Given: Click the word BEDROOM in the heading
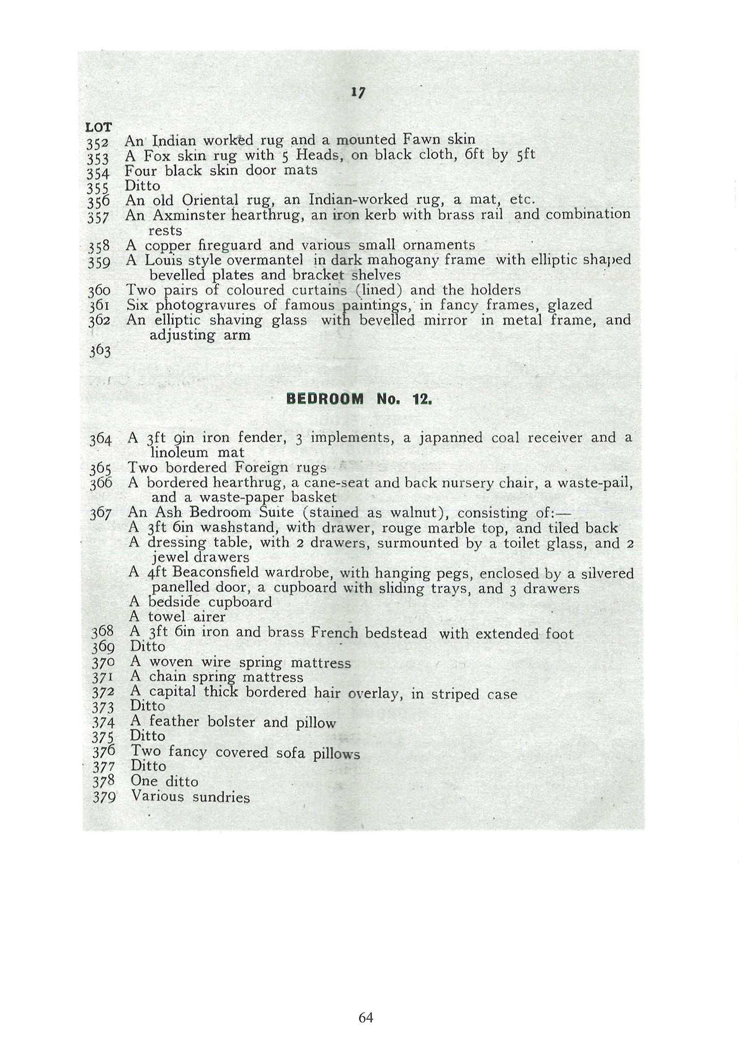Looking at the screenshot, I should pos(325,400).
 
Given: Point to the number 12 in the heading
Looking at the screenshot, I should pos(421,400).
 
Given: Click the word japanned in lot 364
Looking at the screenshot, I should pos(450,438).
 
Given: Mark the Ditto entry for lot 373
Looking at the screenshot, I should pos(147,706).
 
